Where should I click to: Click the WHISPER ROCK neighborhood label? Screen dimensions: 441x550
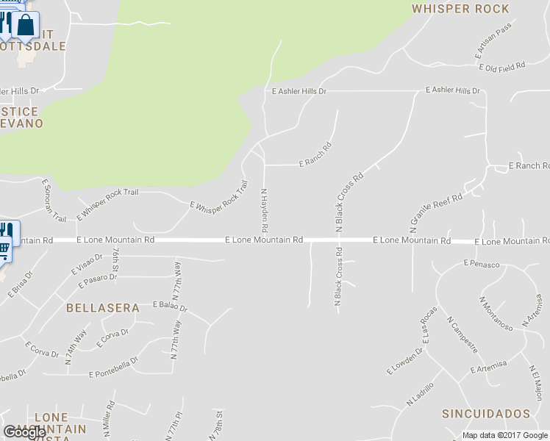point(460,9)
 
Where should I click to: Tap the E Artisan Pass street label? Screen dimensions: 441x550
point(493,51)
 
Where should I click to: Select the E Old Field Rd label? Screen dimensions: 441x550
point(501,67)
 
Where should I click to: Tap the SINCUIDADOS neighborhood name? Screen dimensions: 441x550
point(486,414)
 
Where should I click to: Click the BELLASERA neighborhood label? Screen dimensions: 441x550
point(102,308)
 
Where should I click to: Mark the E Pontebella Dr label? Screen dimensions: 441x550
point(113,367)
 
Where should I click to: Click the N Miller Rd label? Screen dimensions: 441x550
point(110,417)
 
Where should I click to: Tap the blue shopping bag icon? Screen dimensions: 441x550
point(26,25)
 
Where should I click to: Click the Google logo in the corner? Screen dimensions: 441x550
point(25,432)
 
